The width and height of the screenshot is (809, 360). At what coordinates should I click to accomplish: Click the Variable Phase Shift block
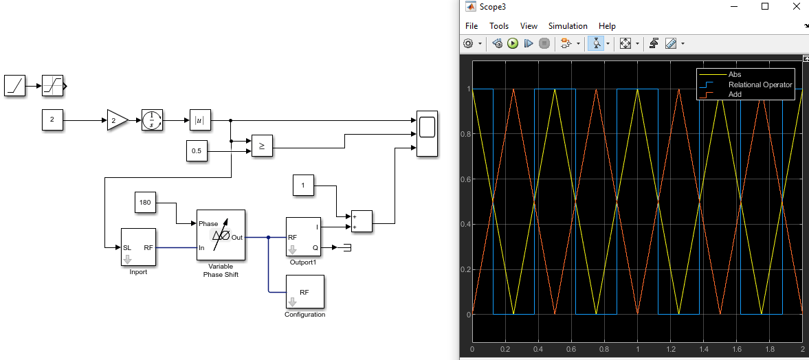point(221,235)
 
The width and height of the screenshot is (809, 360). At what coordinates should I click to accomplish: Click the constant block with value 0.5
point(197,151)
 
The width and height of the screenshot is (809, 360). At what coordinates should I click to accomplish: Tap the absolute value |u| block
point(200,120)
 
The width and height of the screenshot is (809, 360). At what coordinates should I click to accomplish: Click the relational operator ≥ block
point(262,146)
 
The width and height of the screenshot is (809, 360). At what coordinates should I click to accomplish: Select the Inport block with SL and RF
point(138,247)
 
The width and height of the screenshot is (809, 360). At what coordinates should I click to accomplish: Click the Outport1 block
point(303,237)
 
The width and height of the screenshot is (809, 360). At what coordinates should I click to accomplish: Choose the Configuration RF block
point(304,292)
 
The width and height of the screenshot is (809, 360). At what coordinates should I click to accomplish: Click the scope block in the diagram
point(427,133)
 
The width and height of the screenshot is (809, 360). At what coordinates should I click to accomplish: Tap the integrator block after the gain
point(153,120)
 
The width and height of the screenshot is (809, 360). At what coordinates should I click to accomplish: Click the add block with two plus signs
point(362,221)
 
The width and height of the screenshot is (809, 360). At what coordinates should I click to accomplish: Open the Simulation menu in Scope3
point(568,26)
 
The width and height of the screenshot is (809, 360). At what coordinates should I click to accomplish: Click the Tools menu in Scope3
point(499,26)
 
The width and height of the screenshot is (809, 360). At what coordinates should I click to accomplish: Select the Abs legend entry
point(735,74)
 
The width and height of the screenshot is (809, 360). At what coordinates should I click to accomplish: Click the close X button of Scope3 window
point(796,7)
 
